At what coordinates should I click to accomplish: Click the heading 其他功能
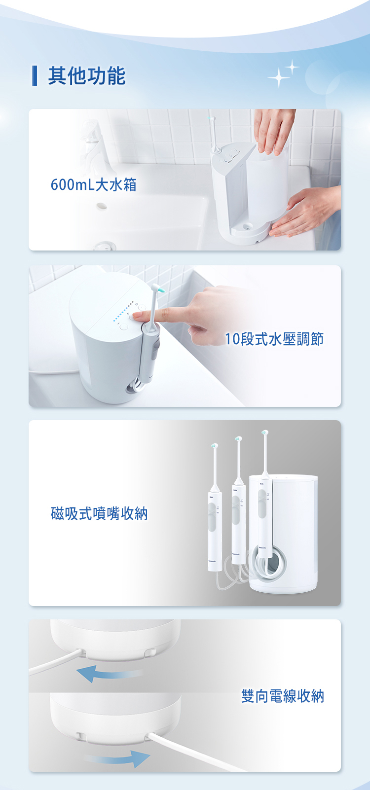click(86, 76)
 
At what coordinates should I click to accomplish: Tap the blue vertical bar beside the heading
click(35, 75)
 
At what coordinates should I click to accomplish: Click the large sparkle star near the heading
click(278, 77)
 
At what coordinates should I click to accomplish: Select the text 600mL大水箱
click(93, 185)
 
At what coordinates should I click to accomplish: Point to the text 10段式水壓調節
click(274, 339)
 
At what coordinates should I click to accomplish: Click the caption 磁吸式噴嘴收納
click(99, 513)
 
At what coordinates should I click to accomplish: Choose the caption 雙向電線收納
click(282, 696)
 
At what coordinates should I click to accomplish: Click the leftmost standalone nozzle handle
click(215, 528)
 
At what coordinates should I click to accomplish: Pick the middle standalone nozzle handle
click(238, 523)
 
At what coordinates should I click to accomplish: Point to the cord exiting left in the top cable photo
click(54, 662)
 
